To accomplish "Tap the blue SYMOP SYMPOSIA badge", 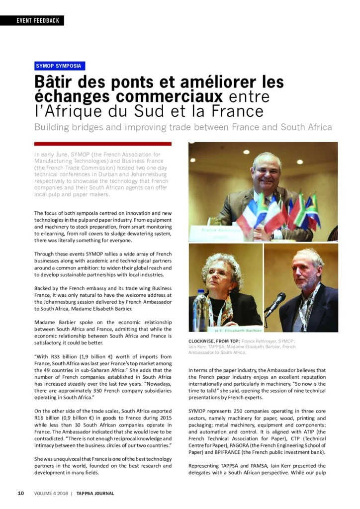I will coord(60,66).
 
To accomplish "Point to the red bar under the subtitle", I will coord(103,143).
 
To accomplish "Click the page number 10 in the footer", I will coord(21,493).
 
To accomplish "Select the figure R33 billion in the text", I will coord(65,357).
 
